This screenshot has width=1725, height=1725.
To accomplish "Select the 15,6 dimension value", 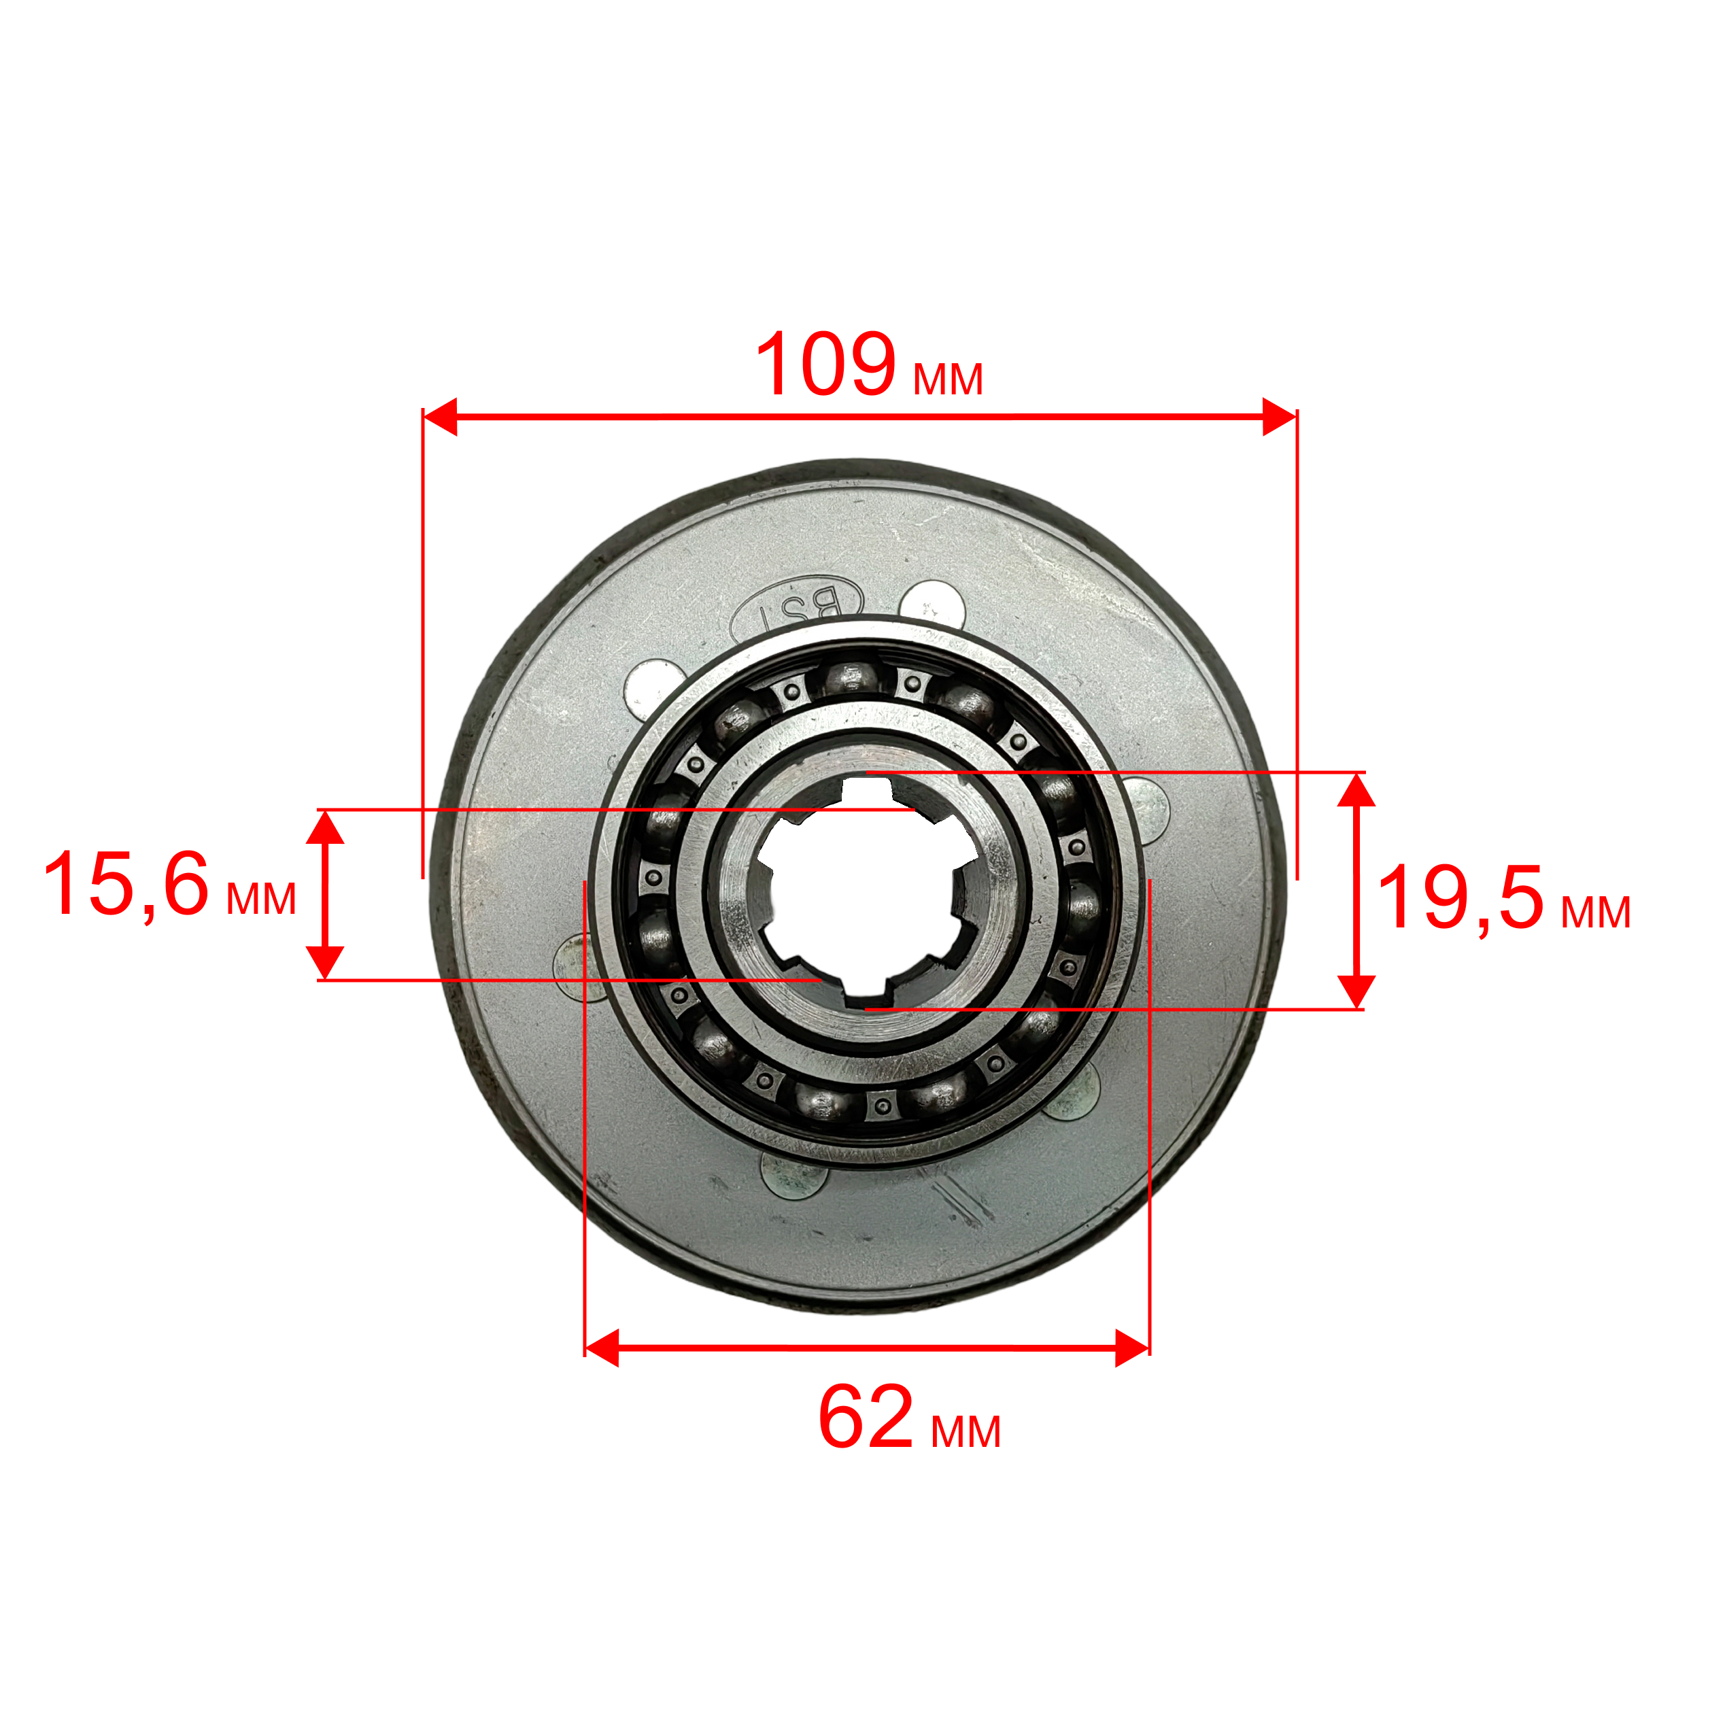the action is click(x=126, y=884).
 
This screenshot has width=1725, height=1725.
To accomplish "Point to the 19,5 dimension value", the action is click(x=1461, y=898).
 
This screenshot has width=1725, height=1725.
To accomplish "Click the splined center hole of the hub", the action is click(x=862, y=892).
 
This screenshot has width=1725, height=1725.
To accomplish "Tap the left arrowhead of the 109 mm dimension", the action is click(x=440, y=417).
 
